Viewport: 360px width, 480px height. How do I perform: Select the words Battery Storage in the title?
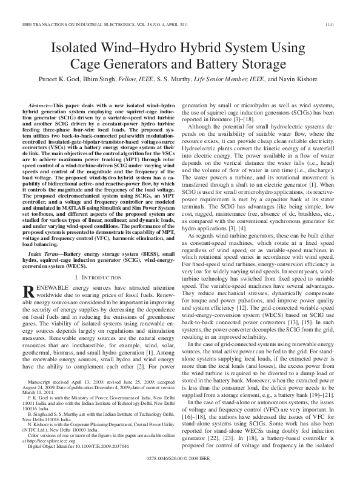pos(244,64)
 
